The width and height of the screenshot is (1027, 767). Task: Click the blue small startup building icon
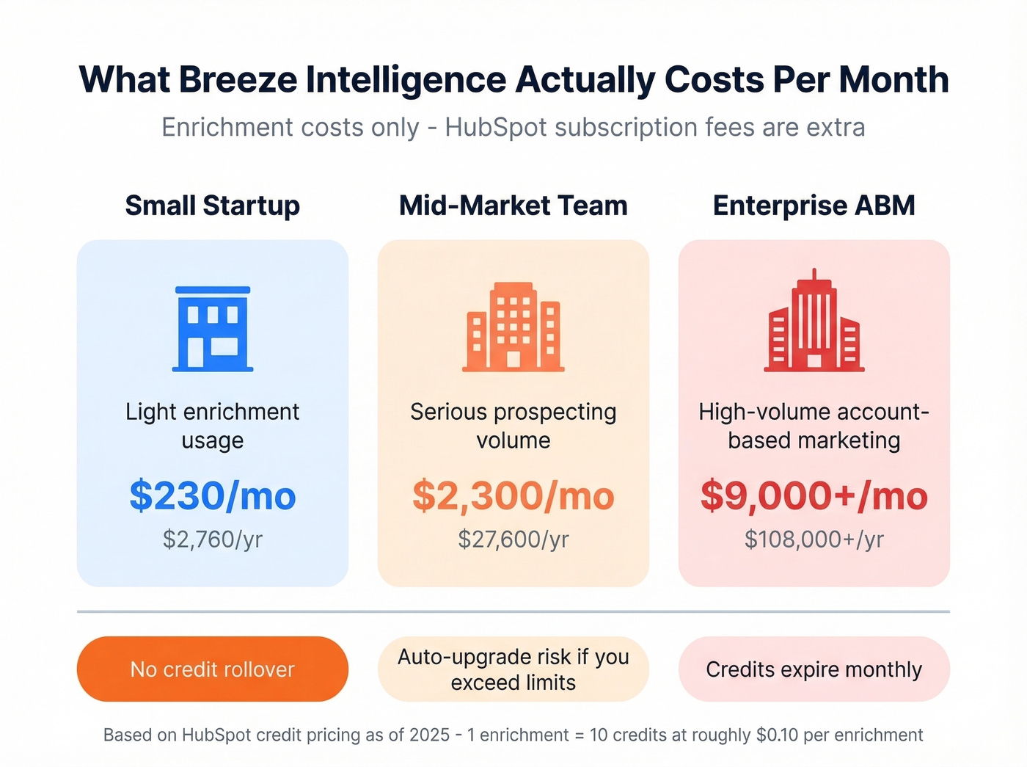click(213, 328)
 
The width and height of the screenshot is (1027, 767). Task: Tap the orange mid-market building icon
click(513, 326)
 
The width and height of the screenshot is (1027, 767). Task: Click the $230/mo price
click(213, 495)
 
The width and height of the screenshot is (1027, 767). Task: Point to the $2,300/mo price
click(513, 495)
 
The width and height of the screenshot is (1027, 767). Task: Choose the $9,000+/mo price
click(814, 495)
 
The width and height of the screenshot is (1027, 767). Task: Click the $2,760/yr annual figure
click(213, 539)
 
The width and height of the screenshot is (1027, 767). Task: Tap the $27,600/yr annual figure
click(513, 539)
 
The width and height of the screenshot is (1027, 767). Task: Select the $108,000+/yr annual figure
click(814, 539)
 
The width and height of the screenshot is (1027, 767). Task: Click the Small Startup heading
click(213, 206)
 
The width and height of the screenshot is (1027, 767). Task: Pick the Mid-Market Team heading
click(513, 206)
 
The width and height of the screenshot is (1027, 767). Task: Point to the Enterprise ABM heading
click(814, 206)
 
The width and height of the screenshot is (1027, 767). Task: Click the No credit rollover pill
click(213, 669)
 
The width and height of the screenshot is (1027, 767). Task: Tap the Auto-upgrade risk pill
click(513, 669)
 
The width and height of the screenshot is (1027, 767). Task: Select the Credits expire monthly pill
click(814, 669)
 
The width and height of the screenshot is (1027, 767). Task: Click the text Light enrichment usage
click(213, 426)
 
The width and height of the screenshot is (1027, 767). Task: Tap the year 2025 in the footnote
click(429, 735)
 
